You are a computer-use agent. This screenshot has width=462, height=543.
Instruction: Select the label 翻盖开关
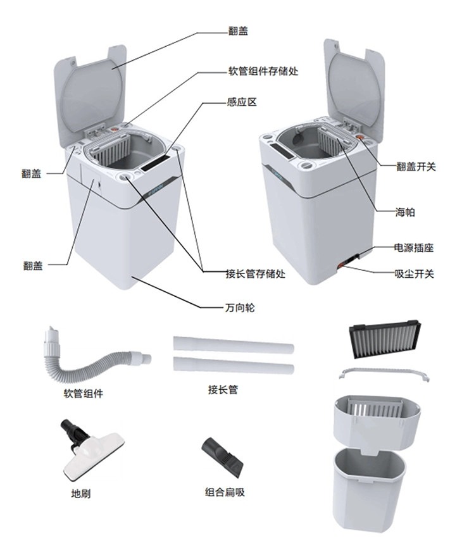pos(416,167)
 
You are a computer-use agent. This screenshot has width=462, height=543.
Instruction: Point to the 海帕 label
pos(404,213)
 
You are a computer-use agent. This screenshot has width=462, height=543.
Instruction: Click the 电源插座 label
pos(414,247)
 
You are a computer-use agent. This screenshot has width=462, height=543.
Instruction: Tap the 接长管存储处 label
pos(256,274)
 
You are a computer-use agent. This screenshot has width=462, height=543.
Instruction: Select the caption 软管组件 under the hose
pos(83,394)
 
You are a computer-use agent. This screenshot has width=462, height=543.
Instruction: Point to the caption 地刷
pos(80,493)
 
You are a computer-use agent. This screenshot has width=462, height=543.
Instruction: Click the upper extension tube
pos(233,344)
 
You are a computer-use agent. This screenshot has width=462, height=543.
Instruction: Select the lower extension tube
pos(233,366)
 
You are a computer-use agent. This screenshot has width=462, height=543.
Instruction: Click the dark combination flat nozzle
pos(223,457)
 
